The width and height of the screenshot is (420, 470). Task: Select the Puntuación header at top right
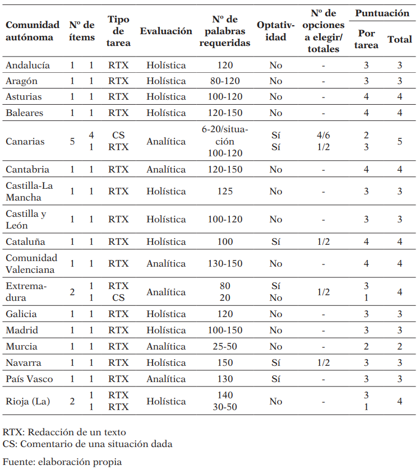point(382,13)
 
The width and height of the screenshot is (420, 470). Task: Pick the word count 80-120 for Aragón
point(225,81)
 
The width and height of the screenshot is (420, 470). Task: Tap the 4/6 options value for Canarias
point(323,136)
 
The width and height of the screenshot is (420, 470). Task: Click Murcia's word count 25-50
point(225,347)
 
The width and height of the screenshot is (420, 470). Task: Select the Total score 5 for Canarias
point(399,141)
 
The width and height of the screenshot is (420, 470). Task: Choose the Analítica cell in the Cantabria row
point(166,169)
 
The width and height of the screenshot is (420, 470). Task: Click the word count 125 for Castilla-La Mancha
point(225,191)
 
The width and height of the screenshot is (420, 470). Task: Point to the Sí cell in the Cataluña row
point(275,242)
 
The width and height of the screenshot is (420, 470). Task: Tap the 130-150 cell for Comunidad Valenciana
point(225,263)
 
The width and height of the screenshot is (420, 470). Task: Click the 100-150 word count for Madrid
point(225,330)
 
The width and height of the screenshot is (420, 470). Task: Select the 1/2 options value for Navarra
point(323,362)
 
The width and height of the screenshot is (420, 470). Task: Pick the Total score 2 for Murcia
point(399,347)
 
